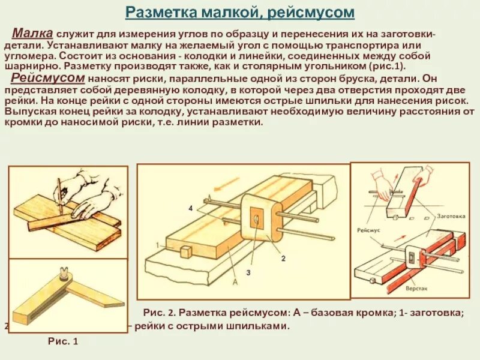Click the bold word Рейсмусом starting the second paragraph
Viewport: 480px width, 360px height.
pos(47,79)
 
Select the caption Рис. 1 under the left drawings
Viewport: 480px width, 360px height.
pos(63,341)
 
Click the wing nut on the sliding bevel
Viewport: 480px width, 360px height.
pos(62,276)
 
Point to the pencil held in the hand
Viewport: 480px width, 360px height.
pos(58,189)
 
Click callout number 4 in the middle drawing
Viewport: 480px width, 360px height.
pos(190,208)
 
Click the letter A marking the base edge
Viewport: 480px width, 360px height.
pos(235,282)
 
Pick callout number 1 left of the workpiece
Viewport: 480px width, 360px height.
pos(157,245)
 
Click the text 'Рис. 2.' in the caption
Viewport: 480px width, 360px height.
pos(158,313)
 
